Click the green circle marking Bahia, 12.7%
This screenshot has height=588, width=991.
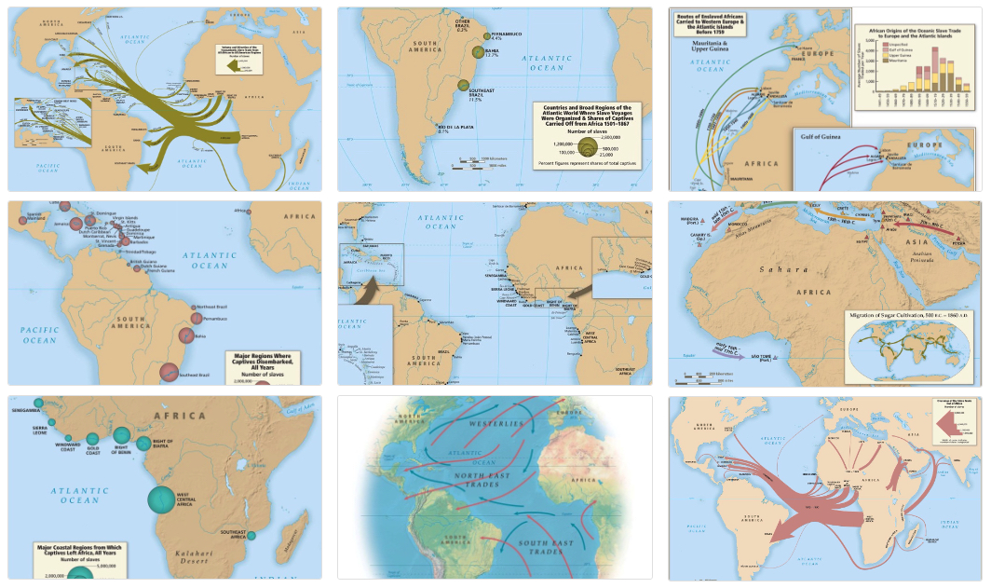pos(478,53)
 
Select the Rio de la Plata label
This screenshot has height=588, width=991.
pos(430,129)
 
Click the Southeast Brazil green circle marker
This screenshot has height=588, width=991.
pos(463,86)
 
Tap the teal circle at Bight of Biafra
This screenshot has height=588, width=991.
pos(143,444)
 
